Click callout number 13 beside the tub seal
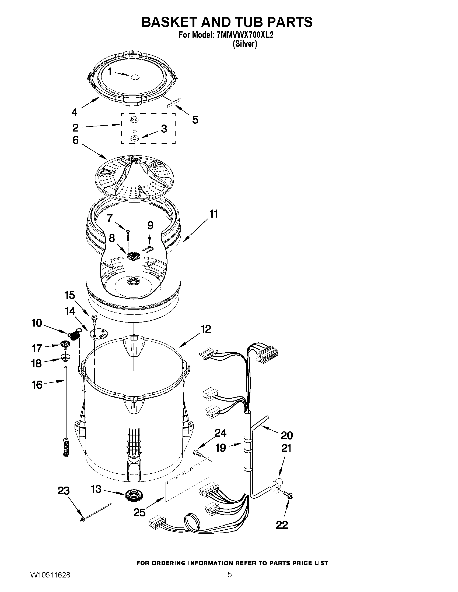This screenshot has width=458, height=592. [x=96, y=489]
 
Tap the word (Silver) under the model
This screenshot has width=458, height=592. [x=245, y=44]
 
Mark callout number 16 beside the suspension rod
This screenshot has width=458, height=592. [x=37, y=385]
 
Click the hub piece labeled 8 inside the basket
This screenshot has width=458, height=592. [x=133, y=255]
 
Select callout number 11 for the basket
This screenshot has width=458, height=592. [x=214, y=214]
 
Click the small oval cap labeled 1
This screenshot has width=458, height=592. [x=135, y=77]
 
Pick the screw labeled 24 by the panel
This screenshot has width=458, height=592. [x=198, y=453]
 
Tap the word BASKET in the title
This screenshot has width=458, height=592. [x=170, y=22]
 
